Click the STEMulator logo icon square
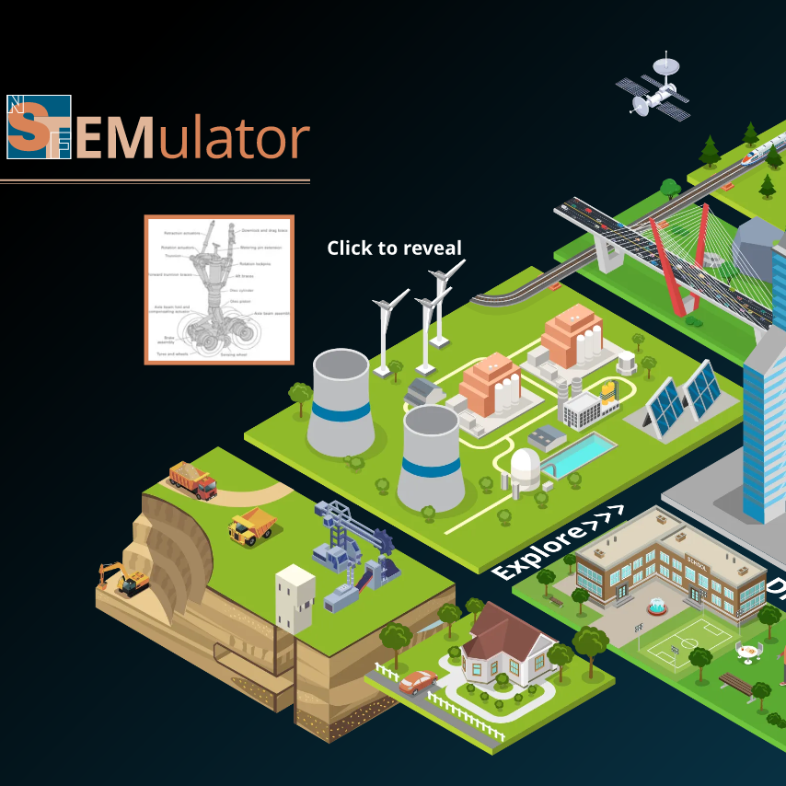[x=39, y=127]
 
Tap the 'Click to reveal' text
[x=394, y=248]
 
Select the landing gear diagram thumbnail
[x=219, y=289]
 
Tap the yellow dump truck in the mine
[x=251, y=526]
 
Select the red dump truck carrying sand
[x=192, y=479]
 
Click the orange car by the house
[x=418, y=681]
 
